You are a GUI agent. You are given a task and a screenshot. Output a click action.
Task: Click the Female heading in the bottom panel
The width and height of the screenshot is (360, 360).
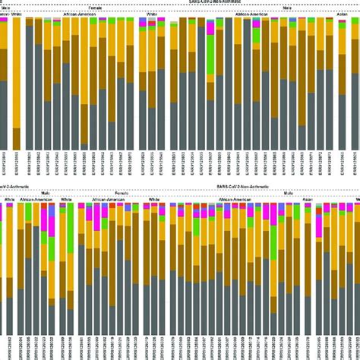tap(122, 194)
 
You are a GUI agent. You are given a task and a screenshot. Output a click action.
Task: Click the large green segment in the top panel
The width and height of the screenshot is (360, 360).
tap(212, 53)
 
